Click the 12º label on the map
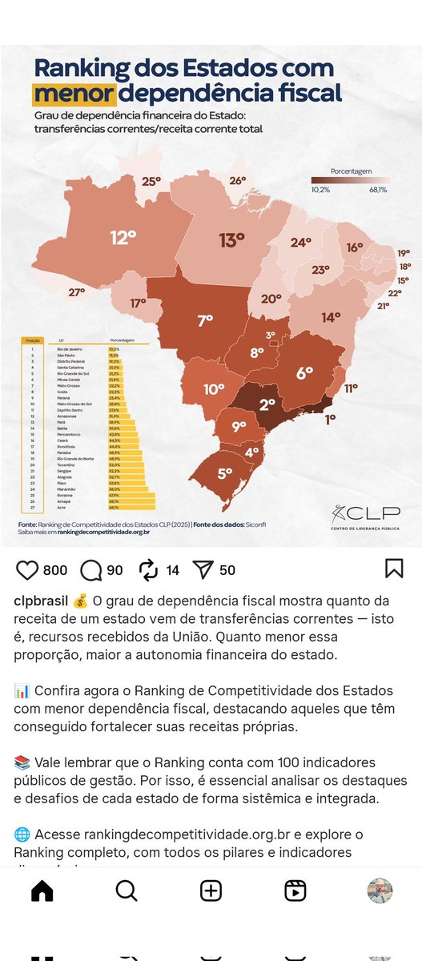point(123,237)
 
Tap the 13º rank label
point(231,240)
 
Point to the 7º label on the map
point(205,320)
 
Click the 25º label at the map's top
point(151,181)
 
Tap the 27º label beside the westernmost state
point(76,292)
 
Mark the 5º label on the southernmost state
point(225,473)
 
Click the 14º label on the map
point(330,317)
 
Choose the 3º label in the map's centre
point(271,335)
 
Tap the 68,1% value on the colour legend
point(379,190)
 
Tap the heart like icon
point(28,570)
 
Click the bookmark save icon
point(394,569)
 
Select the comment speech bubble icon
point(91,570)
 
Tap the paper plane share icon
point(204,570)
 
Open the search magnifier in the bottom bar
point(127,891)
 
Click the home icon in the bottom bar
point(42,891)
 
